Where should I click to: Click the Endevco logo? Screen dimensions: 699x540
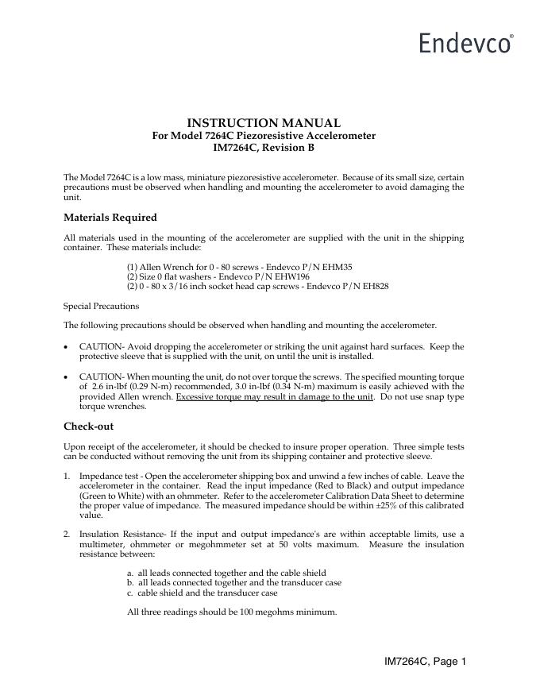click(x=466, y=42)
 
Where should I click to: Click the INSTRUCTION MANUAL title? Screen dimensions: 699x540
click(x=264, y=123)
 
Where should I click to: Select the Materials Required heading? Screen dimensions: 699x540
click(x=110, y=218)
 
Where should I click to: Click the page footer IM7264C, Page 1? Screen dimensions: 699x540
click(x=425, y=661)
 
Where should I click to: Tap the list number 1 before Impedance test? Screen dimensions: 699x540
click(x=66, y=475)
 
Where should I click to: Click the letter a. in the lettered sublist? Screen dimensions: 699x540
click(x=130, y=573)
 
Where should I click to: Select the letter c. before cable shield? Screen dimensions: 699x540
click(x=130, y=593)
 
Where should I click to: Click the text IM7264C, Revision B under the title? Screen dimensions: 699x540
click(x=264, y=148)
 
